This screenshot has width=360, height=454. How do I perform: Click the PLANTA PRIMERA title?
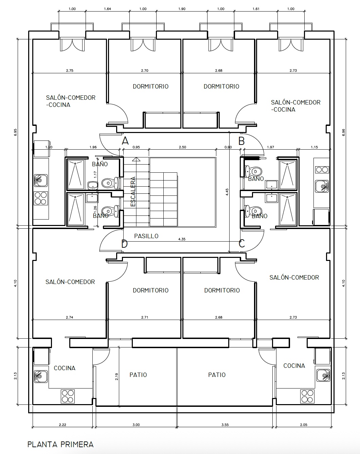[x=60, y=444]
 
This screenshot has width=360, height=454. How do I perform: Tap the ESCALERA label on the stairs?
[x=133, y=192]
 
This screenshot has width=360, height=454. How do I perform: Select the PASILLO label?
[x=146, y=236]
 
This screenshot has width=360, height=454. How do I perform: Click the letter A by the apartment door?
[x=125, y=141]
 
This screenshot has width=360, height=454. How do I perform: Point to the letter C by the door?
[x=242, y=244]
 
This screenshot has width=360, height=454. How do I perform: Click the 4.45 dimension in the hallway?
[x=227, y=192]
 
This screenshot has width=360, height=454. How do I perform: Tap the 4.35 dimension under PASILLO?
[x=182, y=239]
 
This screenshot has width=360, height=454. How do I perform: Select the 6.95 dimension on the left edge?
[x=15, y=132]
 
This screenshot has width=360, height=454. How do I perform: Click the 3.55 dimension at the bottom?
[x=225, y=425]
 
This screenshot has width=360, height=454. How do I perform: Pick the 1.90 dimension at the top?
[x=182, y=9]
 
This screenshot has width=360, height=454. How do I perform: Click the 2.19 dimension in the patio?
[x=116, y=377]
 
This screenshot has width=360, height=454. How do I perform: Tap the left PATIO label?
[x=138, y=375]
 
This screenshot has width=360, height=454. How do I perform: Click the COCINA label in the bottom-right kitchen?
[x=294, y=365]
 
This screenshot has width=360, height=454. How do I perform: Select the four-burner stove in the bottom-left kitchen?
[x=68, y=396]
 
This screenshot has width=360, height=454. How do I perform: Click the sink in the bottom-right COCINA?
[x=323, y=375]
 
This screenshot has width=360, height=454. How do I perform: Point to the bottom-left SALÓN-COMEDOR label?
[x=70, y=282]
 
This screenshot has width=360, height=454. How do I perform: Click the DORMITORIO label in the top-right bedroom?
[x=221, y=86]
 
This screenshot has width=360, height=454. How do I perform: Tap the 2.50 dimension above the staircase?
[x=182, y=147]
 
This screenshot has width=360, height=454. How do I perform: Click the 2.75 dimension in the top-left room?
[x=70, y=71]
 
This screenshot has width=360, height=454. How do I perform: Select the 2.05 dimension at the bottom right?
[x=304, y=425]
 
